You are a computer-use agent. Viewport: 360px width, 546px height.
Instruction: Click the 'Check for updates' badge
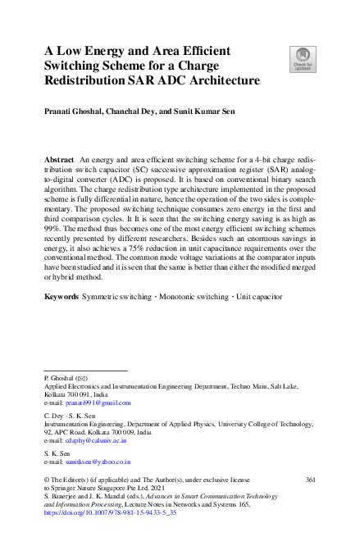point(301,58)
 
